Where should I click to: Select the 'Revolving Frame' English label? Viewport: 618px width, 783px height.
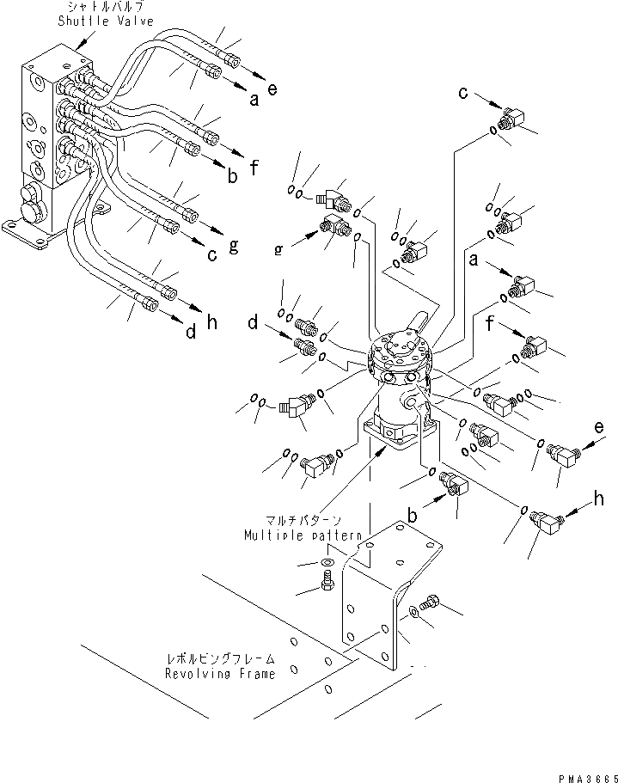221,674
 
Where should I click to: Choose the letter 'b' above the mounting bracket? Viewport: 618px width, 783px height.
413,517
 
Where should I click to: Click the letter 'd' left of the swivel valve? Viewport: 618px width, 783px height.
254,325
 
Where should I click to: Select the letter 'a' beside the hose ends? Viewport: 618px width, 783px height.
254,100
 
